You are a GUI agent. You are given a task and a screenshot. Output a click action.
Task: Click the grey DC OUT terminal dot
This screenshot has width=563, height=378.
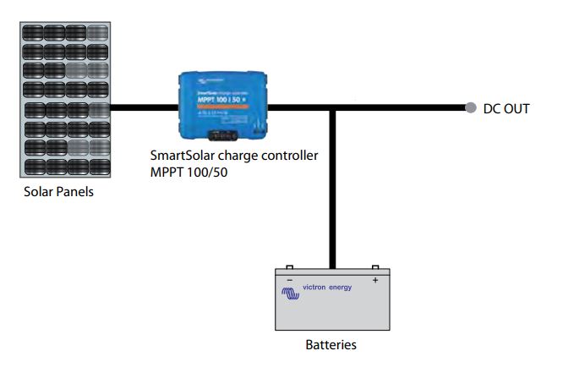coord(471,108)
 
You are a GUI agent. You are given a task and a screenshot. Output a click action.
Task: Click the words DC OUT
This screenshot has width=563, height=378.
coord(506,108)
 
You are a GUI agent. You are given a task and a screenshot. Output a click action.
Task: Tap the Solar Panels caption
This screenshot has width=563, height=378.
coord(58,192)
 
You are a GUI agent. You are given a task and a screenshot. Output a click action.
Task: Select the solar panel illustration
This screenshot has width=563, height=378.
coord(67,100)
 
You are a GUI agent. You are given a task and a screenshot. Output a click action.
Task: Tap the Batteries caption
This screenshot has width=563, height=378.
coord(331,345)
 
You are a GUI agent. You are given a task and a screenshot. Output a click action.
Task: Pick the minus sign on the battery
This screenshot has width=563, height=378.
coord(290,279)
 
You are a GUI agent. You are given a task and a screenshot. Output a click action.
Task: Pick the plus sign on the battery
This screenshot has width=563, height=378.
coord(375,279)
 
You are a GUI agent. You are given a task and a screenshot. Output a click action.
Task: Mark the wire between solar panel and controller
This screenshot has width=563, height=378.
coord(145,108)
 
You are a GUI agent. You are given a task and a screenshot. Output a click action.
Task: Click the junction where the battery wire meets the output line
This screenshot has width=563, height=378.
coord(334,108)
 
